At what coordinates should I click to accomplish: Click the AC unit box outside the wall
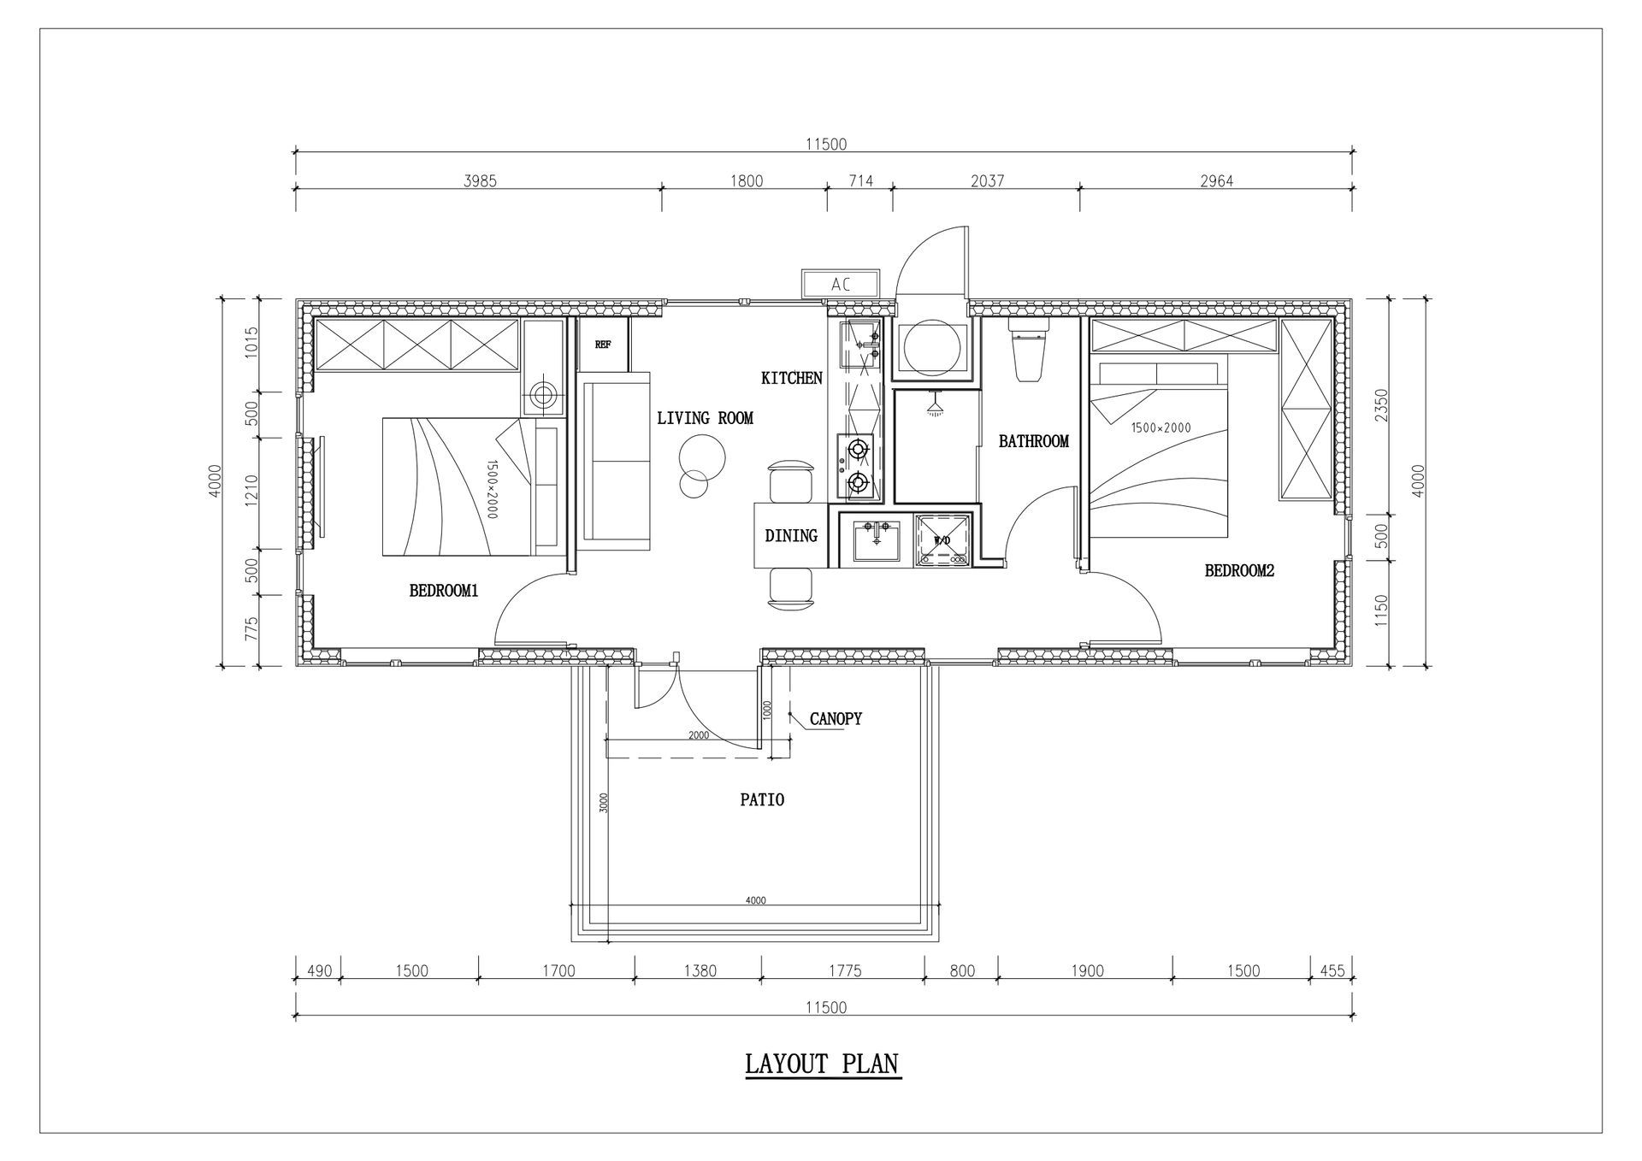840,284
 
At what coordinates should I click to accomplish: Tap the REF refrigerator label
603,345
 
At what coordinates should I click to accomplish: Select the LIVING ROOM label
705,418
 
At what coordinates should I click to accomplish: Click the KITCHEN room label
792,378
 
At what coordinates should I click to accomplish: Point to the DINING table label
791,536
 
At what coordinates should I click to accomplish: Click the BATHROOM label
1034,441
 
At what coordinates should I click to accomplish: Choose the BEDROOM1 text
443,590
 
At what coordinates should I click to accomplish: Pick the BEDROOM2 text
1239,570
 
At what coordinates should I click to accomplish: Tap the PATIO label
762,800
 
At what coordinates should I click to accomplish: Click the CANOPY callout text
836,719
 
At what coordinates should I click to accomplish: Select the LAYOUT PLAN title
823,1064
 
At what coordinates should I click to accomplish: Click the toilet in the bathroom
1027,349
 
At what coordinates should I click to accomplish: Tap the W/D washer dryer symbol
943,539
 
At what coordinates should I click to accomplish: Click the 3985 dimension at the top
480,180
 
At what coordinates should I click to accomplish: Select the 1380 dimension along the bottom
700,970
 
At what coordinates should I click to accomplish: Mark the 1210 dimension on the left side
251,493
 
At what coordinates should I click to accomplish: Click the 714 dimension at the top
860,180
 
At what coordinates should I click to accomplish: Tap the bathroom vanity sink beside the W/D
877,540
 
